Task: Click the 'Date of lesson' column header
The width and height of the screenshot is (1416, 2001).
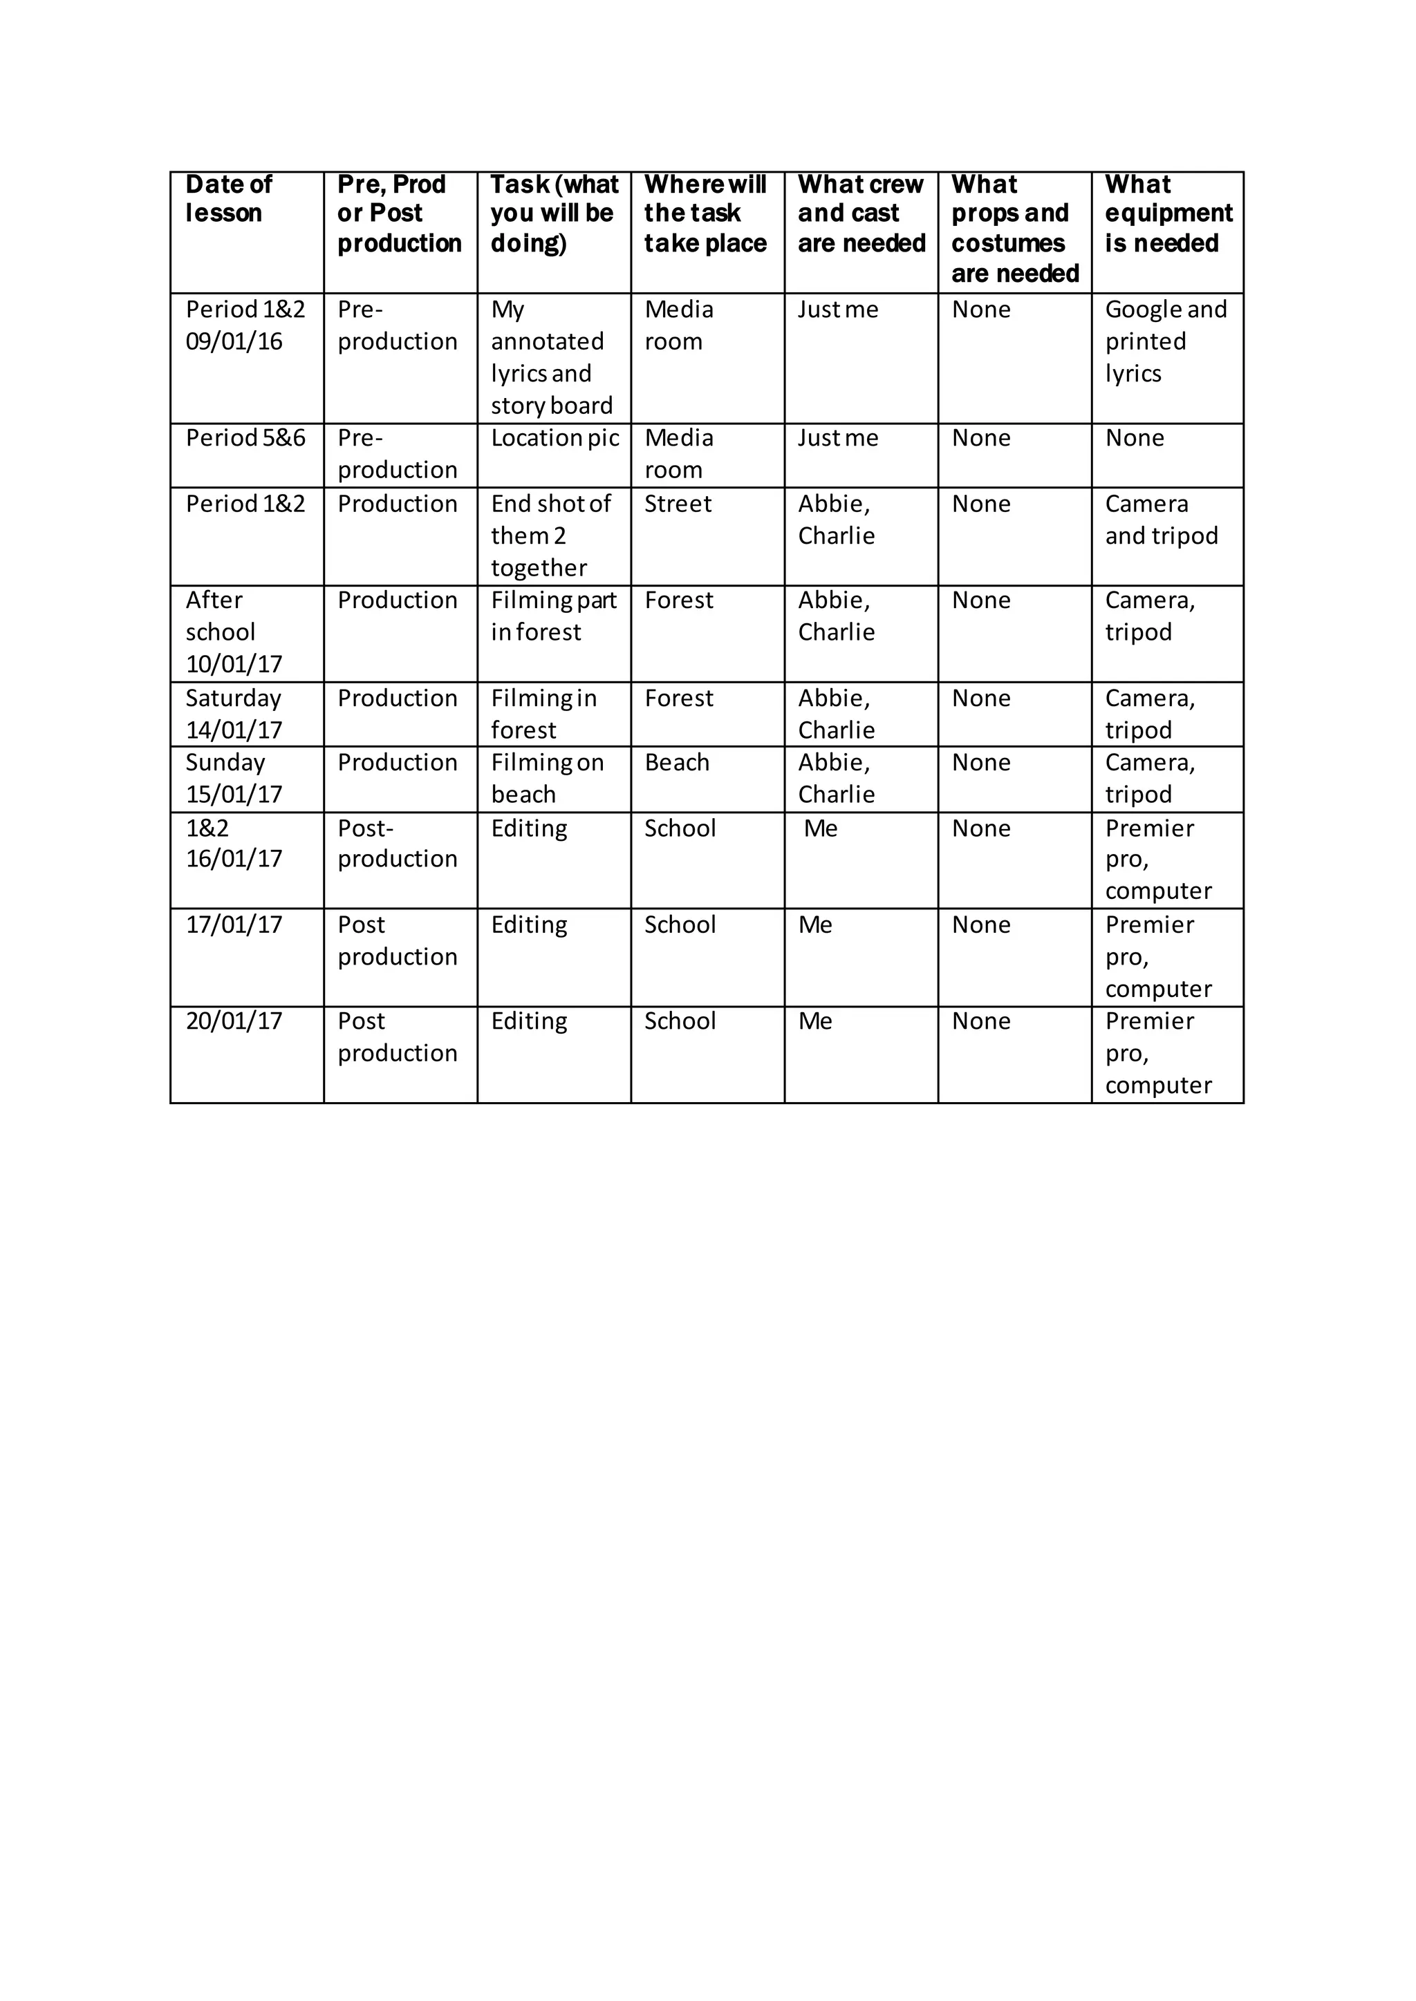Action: coord(228,199)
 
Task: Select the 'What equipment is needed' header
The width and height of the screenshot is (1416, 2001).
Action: coord(1168,214)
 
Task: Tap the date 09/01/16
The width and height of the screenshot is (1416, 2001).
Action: coord(234,341)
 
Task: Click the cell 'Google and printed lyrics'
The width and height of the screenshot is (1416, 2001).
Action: coord(1165,341)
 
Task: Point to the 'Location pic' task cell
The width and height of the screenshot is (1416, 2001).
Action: coord(555,438)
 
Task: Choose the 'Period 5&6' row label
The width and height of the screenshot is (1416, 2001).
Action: coord(245,438)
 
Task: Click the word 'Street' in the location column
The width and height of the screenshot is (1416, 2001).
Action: coord(678,504)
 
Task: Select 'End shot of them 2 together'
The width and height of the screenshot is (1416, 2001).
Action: coord(550,536)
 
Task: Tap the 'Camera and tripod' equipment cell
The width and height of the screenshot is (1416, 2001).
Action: coord(1162,520)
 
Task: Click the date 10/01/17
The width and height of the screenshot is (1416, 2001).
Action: coord(234,665)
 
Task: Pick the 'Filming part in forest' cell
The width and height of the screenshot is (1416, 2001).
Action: coord(553,616)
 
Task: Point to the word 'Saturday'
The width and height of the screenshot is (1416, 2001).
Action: coord(233,699)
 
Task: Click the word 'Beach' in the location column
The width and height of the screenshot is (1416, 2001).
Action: coord(677,764)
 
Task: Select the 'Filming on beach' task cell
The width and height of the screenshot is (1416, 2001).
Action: coord(547,778)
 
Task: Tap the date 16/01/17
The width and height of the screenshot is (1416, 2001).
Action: coord(234,860)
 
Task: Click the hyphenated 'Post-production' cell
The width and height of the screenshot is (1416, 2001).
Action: coord(397,844)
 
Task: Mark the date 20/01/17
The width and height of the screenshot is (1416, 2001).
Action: coord(234,1021)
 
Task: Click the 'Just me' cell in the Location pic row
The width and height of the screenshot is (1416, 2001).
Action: coord(837,438)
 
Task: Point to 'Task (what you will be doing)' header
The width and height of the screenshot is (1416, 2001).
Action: coord(554,214)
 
